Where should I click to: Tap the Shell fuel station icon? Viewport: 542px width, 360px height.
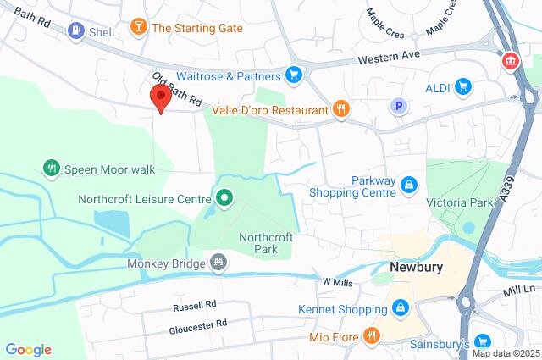click(x=76, y=32)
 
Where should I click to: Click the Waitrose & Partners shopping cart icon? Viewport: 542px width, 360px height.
click(x=293, y=75)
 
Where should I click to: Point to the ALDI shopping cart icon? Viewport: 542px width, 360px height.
click(x=462, y=86)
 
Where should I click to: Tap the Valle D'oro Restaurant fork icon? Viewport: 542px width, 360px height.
click(x=340, y=108)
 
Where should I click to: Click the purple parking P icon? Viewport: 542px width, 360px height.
click(x=398, y=106)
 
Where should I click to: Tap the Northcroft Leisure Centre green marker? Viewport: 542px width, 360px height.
click(x=224, y=200)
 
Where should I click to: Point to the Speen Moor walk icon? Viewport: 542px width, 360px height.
click(x=52, y=169)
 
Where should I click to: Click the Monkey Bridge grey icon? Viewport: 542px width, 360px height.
click(x=219, y=263)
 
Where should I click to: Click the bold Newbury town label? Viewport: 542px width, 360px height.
click(x=417, y=267)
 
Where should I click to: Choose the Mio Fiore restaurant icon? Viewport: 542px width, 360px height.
click(x=370, y=336)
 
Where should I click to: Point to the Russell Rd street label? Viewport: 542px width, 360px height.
click(x=194, y=304)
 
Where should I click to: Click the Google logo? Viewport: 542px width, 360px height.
click(x=28, y=349)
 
